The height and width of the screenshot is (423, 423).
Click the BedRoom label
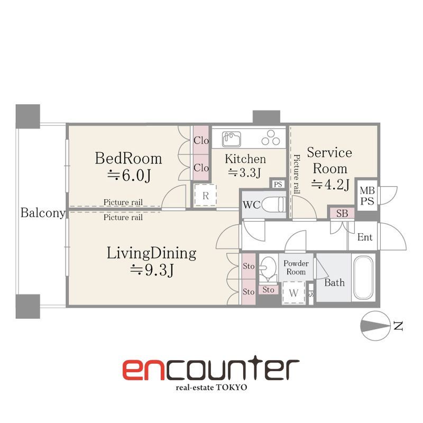click(x=128, y=158)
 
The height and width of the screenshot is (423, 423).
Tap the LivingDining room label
click(x=151, y=253)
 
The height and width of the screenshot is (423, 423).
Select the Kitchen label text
click(x=245, y=159)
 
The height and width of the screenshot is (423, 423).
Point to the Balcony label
click(x=43, y=213)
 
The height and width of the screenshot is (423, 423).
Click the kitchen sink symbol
click(x=232, y=139)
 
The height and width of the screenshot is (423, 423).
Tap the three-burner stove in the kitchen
click(x=271, y=138)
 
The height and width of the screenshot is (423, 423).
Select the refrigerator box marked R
click(x=206, y=196)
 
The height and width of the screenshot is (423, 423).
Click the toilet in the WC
click(x=273, y=205)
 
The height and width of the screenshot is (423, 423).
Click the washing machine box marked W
click(x=293, y=293)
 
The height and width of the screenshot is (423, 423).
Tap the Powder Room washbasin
click(x=268, y=269)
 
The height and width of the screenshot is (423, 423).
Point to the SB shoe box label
click(x=342, y=214)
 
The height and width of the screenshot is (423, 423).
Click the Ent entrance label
click(x=365, y=237)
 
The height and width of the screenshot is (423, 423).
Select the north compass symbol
click(x=375, y=326)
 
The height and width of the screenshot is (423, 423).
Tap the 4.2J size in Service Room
click(x=330, y=185)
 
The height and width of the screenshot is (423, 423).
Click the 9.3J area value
click(x=152, y=270)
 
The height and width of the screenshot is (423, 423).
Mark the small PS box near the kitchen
click(x=278, y=184)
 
